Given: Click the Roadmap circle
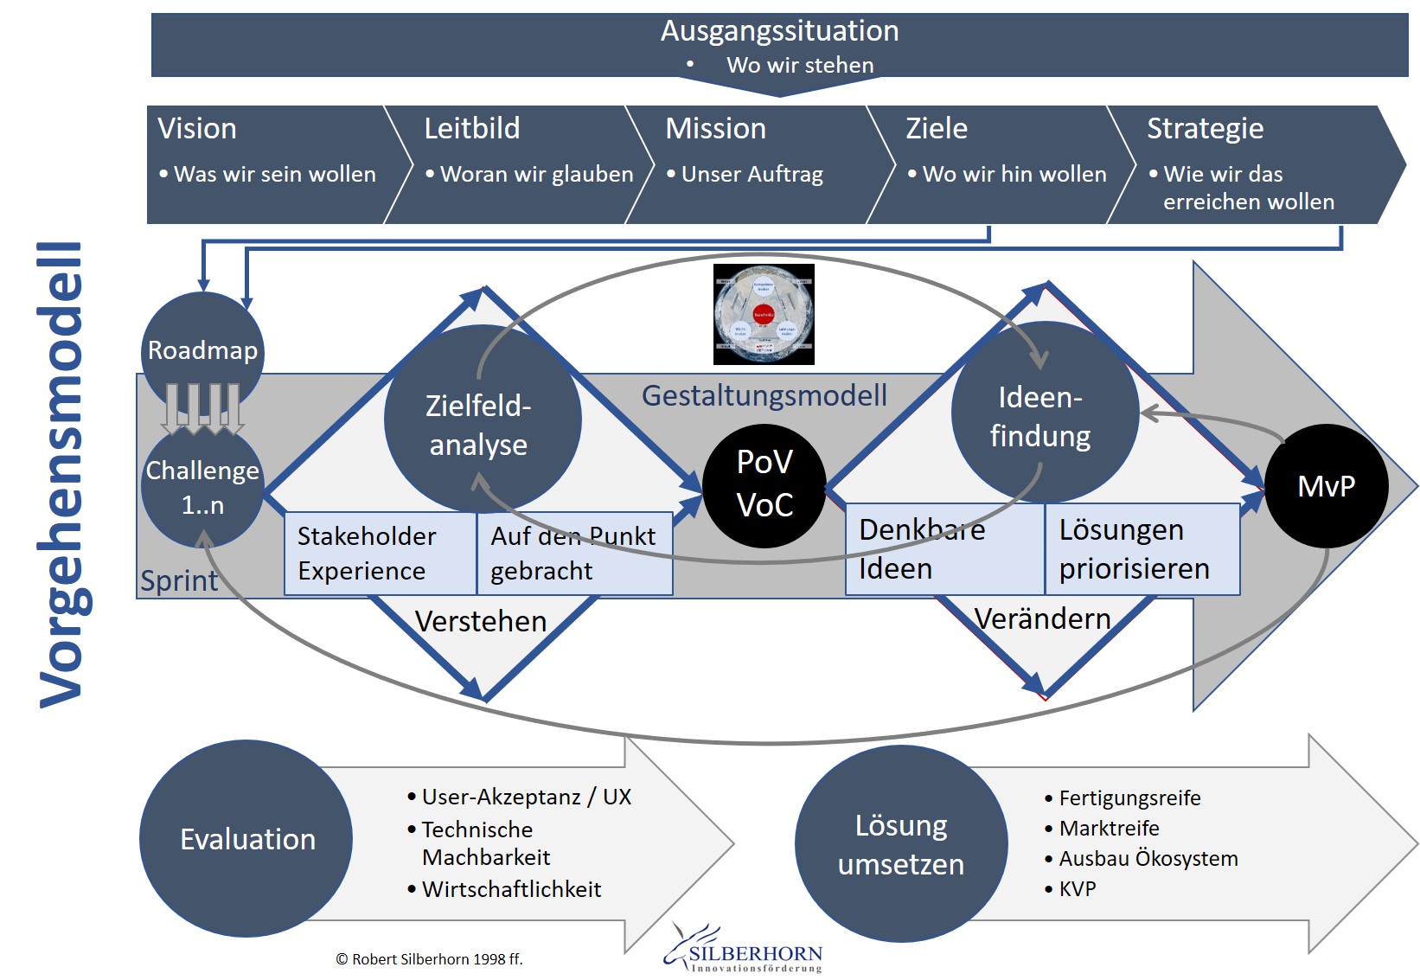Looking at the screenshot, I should [x=202, y=350].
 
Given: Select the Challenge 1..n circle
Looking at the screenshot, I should [x=202, y=488].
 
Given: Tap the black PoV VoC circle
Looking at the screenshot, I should [x=764, y=484].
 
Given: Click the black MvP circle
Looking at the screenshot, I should [x=1327, y=486].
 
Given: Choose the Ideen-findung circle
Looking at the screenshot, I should [x=1044, y=413].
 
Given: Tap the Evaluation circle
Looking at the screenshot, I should [x=246, y=838].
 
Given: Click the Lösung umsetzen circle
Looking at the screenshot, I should [x=901, y=844].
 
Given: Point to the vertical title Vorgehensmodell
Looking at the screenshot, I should [x=61, y=476].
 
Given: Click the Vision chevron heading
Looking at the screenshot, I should [x=197, y=129].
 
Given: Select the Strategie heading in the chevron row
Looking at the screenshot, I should [x=1205, y=129].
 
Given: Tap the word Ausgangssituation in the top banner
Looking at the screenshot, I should [x=779, y=31].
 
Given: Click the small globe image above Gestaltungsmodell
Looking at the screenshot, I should [x=764, y=314].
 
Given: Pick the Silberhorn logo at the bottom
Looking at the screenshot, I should [x=745, y=951].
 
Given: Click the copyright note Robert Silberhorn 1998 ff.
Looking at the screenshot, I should [x=429, y=959].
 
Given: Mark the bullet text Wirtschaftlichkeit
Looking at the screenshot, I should [x=511, y=889].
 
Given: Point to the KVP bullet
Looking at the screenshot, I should [x=1077, y=889].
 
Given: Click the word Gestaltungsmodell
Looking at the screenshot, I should [x=764, y=395].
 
